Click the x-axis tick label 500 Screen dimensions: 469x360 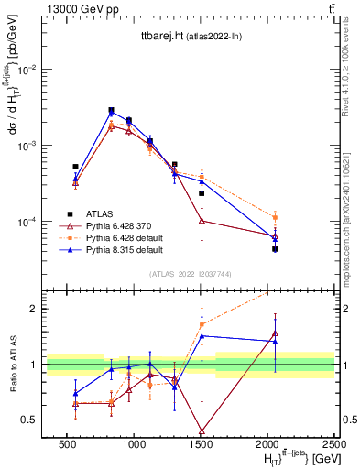pos(67,444)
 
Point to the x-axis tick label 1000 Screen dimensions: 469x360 pos(134,444)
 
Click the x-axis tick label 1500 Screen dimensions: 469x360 pos(201,444)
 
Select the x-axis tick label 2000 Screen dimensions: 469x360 pos(267,444)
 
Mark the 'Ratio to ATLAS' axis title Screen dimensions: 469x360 pos(12,365)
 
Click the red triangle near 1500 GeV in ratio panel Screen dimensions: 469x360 pos(202,431)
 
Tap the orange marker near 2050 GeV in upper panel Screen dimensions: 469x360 pos(275,217)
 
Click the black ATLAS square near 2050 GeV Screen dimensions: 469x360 pos(275,249)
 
